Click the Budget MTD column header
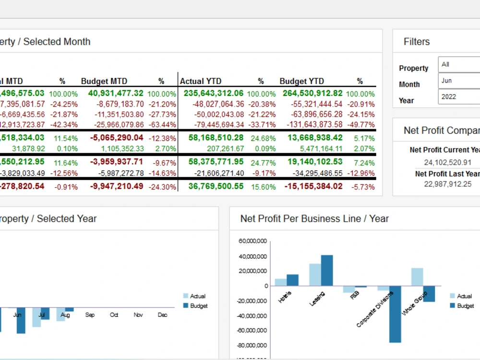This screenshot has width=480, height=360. (104, 81)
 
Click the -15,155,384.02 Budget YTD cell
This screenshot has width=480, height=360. (313, 186)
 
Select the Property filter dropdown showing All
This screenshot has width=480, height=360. (459, 64)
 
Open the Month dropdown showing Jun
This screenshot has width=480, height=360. (459, 81)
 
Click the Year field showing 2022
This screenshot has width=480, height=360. (459, 96)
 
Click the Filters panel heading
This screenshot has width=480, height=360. (417, 42)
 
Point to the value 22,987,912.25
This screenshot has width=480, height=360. (447, 184)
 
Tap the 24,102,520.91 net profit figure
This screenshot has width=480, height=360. (447, 163)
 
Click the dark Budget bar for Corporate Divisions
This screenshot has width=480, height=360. (395, 314)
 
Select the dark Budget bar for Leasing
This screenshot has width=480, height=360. (327, 271)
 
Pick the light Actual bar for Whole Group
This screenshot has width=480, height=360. (417, 277)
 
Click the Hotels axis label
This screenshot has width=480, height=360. (285, 296)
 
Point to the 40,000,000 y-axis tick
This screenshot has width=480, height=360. (253, 256)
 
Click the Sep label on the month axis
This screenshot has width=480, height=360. (90, 315)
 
